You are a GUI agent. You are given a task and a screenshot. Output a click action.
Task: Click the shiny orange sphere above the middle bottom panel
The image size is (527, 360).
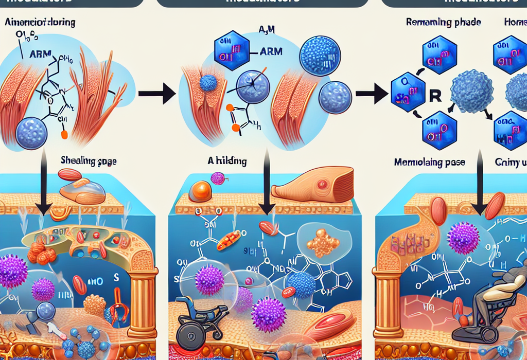coord(201,191)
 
